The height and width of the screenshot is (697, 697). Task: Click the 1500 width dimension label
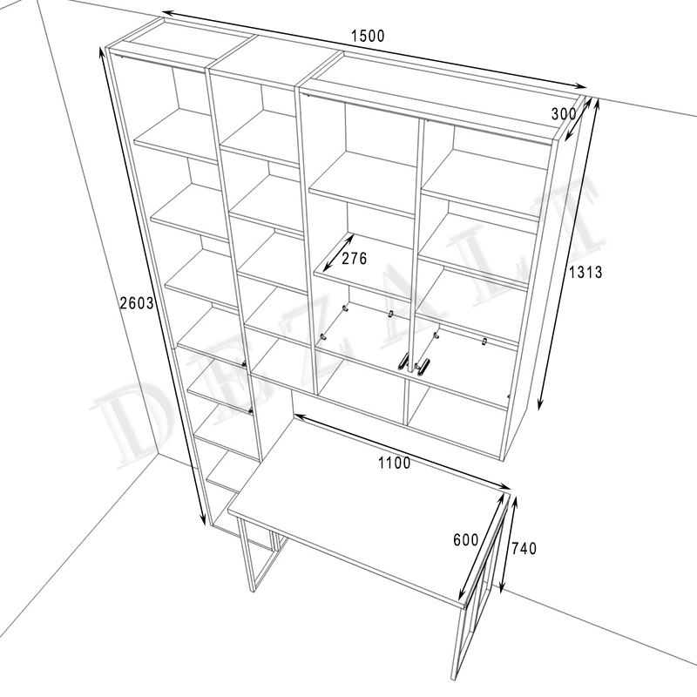368,36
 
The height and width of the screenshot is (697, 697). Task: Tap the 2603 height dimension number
137,302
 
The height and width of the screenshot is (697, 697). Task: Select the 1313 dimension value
585,272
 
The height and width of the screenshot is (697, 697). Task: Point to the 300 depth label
564,114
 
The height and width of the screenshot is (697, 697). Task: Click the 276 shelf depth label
355,258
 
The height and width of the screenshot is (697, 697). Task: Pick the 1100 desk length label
395,464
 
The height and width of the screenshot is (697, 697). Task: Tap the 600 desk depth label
465,540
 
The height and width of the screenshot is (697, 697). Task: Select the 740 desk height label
524,549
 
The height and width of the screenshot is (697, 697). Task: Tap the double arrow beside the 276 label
338,253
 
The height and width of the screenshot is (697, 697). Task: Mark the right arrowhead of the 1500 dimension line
580,86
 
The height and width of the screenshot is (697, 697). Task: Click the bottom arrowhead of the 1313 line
540,403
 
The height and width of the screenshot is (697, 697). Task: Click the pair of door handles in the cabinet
413,362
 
